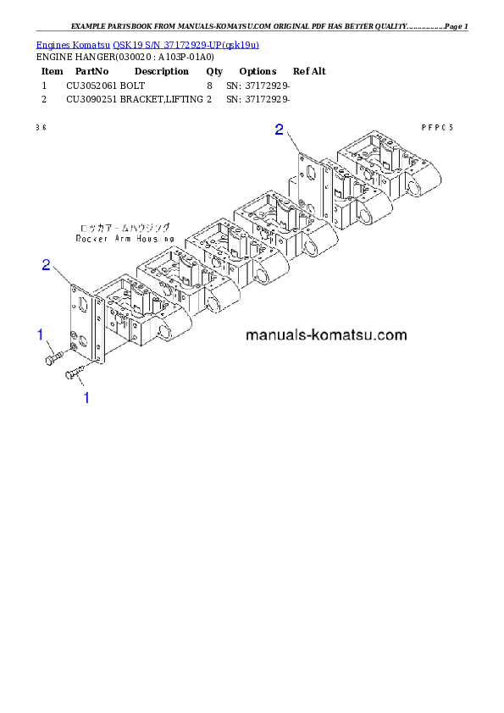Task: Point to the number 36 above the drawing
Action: pos(41,127)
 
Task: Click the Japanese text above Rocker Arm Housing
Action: pos(124,228)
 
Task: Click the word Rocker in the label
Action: pos(91,240)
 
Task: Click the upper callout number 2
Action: pos(280,130)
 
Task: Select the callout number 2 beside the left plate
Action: pos(47,265)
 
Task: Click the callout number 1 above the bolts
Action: pos(40,335)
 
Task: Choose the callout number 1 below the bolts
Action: pos(85,396)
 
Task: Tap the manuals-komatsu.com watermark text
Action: pos(326,335)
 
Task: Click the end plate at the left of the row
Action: pos(85,322)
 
